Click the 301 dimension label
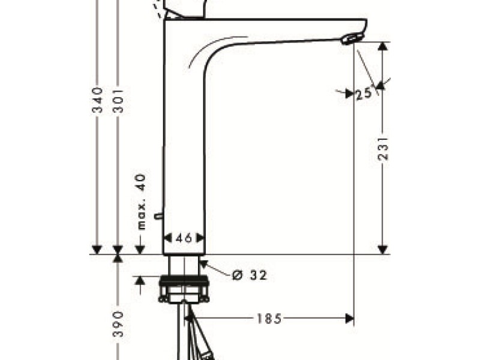(118, 101)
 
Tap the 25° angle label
(362, 94)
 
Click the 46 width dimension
(184, 238)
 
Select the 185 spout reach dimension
(269, 319)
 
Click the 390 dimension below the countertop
(118, 324)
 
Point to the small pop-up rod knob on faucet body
(158, 215)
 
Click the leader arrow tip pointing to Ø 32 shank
(202, 262)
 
